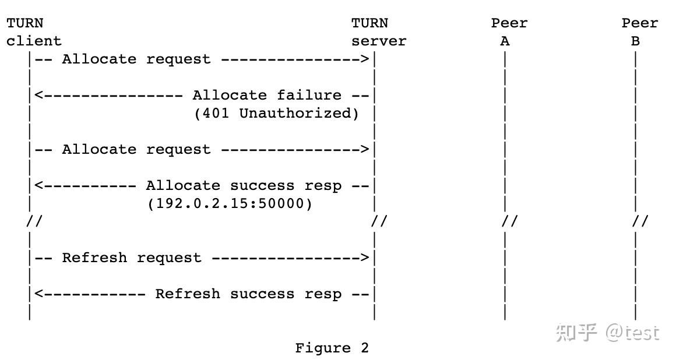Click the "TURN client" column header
(x=34, y=32)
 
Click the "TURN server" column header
(x=378, y=32)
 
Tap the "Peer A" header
(x=509, y=32)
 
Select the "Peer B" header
(x=639, y=32)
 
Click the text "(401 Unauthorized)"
(x=276, y=113)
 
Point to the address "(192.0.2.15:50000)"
(x=230, y=204)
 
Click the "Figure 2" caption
(x=332, y=348)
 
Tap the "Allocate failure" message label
(x=267, y=95)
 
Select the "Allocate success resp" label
(x=244, y=186)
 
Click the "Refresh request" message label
(x=132, y=258)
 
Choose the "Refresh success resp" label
(x=248, y=294)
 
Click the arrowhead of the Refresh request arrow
(x=365, y=258)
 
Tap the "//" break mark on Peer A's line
(x=509, y=222)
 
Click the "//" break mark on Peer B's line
(x=640, y=222)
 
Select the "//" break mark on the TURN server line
(x=379, y=222)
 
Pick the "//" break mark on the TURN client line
(x=34, y=222)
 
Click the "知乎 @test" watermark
(x=607, y=332)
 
